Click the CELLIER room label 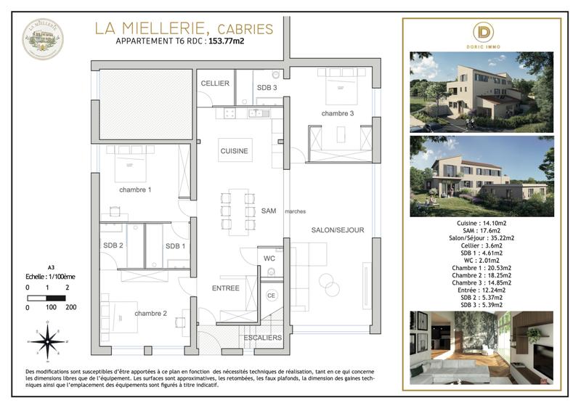pyautogui.click(x=216, y=84)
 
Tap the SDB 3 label pyautogui.click(x=267, y=88)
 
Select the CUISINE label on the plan pyautogui.click(x=235, y=151)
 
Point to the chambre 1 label pyautogui.click(x=135, y=190)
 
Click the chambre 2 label pyautogui.click(x=150, y=313)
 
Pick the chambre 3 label pyautogui.click(x=338, y=113)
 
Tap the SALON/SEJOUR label pyautogui.click(x=338, y=230)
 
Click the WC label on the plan pyautogui.click(x=268, y=257)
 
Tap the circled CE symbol pyautogui.click(x=272, y=296)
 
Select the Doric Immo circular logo pyautogui.click(x=482, y=33)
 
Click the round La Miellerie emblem pyautogui.click(x=43, y=38)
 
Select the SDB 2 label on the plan pyautogui.click(x=113, y=245)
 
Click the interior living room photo pyautogui.click(x=482, y=342)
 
